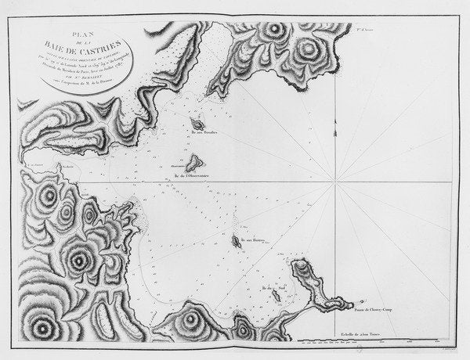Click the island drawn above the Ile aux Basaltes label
pos(197,124)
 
